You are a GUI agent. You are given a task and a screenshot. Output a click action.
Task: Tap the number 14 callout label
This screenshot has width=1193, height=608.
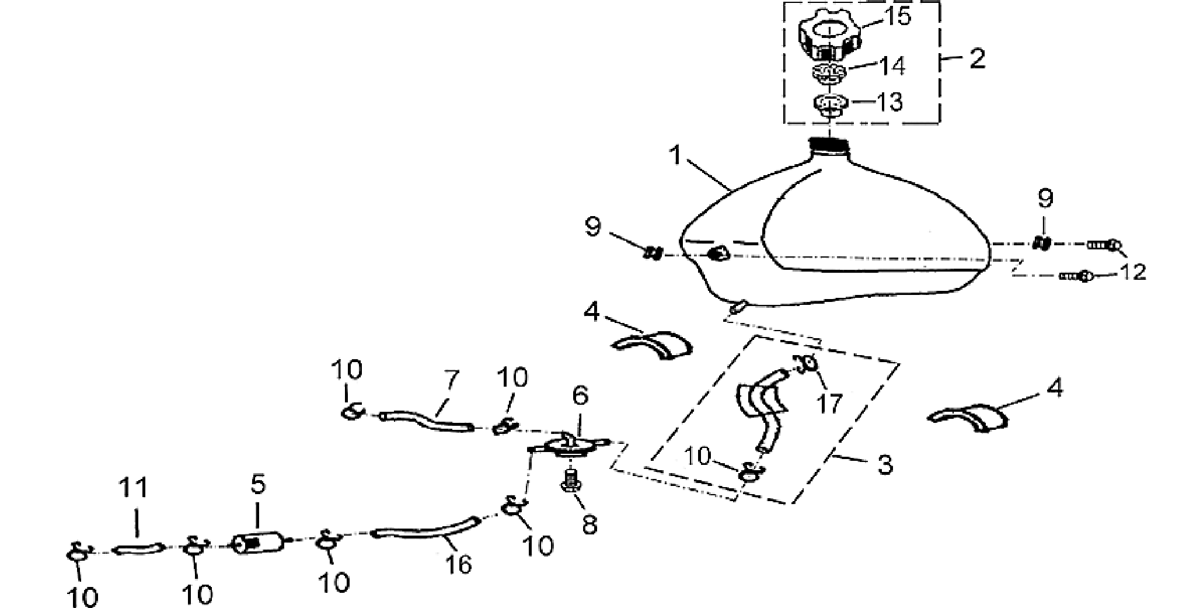click(891, 66)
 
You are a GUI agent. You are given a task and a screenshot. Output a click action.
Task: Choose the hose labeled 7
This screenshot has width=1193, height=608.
click(427, 421)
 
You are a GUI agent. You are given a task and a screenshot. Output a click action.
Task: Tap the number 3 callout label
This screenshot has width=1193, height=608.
click(885, 465)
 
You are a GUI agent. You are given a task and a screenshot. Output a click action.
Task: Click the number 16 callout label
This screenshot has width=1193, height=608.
click(458, 565)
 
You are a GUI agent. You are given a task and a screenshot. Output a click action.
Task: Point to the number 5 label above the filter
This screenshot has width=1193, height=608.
click(258, 484)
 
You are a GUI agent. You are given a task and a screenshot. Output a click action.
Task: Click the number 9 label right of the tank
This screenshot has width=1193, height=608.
click(1045, 199)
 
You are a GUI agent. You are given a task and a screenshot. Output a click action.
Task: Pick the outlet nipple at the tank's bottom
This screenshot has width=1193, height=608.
click(737, 306)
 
